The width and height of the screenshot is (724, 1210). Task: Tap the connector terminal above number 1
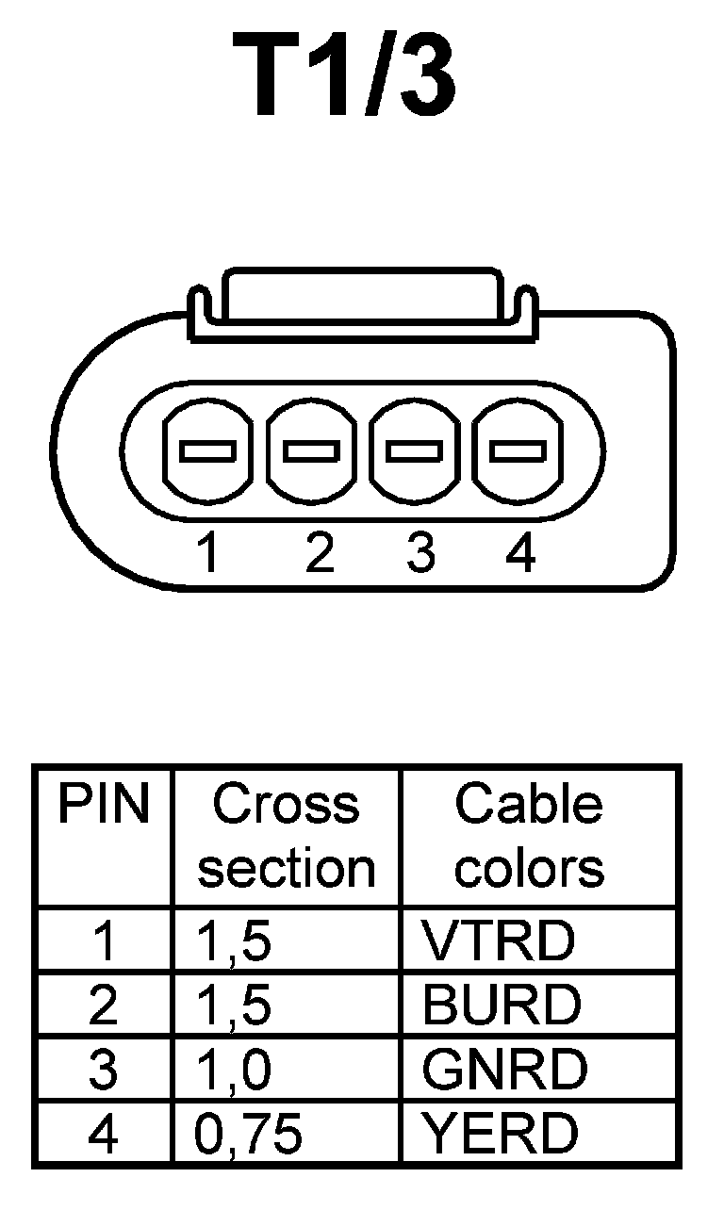pyautogui.click(x=207, y=451)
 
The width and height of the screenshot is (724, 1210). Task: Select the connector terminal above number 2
pyautogui.click(x=311, y=451)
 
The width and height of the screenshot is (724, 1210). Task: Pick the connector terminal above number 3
pyautogui.click(x=415, y=451)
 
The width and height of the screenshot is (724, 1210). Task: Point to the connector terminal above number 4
pyautogui.click(x=518, y=451)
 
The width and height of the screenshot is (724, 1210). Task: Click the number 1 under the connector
pyautogui.click(x=208, y=552)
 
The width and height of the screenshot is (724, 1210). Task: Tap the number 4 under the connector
pyautogui.click(x=520, y=552)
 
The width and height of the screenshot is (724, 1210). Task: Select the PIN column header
pyautogui.click(x=104, y=806)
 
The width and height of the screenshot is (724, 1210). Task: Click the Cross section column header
pyautogui.click(x=286, y=837)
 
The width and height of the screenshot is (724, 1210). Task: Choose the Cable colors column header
pyautogui.click(x=529, y=837)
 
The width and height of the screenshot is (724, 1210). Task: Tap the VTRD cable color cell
pyautogui.click(x=498, y=940)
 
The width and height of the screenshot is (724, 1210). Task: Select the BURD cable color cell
pyautogui.click(x=502, y=1005)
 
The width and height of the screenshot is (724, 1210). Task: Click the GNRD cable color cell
pyautogui.click(x=504, y=1069)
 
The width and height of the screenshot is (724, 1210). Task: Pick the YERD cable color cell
pyautogui.click(x=501, y=1134)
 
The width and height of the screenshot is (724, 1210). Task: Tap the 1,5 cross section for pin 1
pyautogui.click(x=234, y=940)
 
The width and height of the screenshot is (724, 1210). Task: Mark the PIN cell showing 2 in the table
pyautogui.click(x=103, y=1006)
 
